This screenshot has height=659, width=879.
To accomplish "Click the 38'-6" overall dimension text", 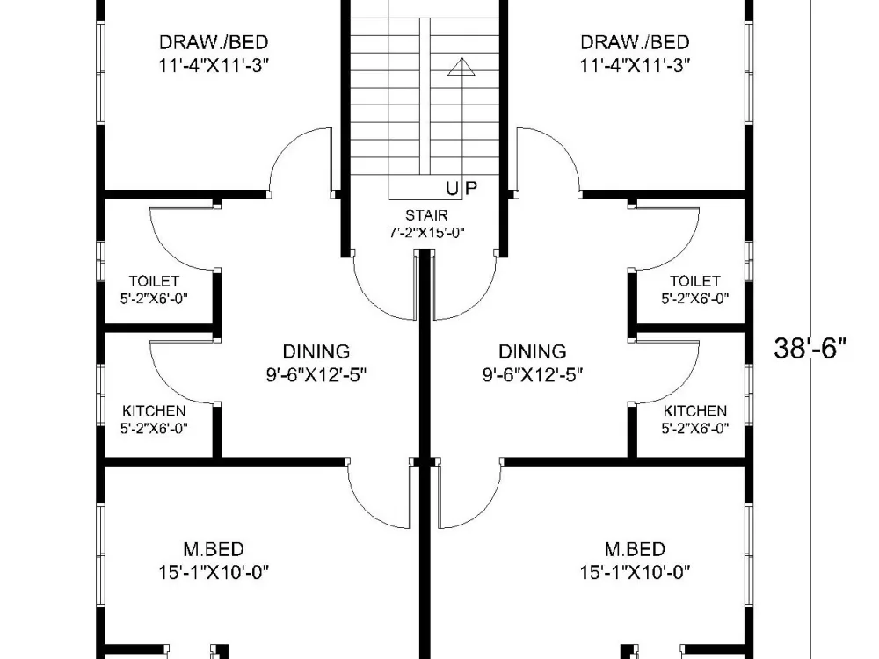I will pyautogui.click(x=810, y=349).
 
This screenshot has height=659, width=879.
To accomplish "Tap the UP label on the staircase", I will pyautogui.click(x=462, y=187).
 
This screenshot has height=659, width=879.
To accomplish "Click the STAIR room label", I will pyautogui.click(x=426, y=215).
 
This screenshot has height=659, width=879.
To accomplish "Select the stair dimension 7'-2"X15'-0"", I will pyautogui.click(x=426, y=233).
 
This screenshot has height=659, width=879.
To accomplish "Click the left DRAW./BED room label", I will pyautogui.click(x=214, y=42).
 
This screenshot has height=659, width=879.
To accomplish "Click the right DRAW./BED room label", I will pyautogui.click(x=635, y=42).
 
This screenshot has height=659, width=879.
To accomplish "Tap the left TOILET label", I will pyautogui.click(x=154, y=281).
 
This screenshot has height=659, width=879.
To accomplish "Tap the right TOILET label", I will pyautogui.click(x=694, y=281).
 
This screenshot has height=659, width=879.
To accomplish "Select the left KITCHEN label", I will pyautogui.click(x=154, y=411).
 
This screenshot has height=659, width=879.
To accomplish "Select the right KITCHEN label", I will pyautogui.click(x=694, y=411).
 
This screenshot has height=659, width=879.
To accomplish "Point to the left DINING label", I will pyautogui.click(x=316, y=352).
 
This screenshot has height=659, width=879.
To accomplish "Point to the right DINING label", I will pyautogui.click(x=533, y=352).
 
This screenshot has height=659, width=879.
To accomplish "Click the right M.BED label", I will pyautogui.click(x=635, y=550).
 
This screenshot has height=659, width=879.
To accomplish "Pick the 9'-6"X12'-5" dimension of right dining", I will pyautogui.click(x=533, y=374).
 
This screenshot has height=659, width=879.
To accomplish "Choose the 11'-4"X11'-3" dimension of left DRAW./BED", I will pyautogui.click(x=214, y=65).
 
